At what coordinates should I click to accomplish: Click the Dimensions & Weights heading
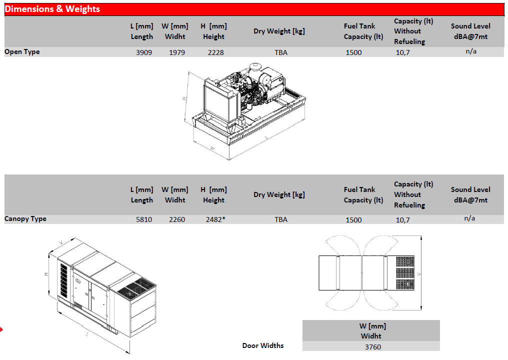point(52,9)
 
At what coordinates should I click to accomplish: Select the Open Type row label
point(22,52)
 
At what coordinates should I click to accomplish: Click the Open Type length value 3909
point(144,52)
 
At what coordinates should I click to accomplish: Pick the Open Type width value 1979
point(177,52)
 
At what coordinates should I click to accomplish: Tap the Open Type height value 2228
point(216,52)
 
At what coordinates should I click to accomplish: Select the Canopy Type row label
point(25,218)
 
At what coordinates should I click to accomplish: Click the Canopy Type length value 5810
point(144,219)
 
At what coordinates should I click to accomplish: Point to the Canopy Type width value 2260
point(177,219)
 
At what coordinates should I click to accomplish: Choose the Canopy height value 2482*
point(216,219)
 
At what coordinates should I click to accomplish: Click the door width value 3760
point(373,347)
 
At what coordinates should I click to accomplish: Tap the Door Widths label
point(262,345)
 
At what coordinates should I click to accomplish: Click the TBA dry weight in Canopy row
point(281,219)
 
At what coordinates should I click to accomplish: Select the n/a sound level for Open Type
point(471,51)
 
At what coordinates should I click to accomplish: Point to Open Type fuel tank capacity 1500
point(353,52)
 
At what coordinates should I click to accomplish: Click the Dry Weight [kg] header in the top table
point(279,31)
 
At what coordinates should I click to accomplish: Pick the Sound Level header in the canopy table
point(470,194)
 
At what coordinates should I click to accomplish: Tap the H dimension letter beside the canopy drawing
point(46,274)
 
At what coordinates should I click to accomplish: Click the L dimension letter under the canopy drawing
point(87,334)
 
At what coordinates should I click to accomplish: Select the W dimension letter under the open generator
point(212,148)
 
